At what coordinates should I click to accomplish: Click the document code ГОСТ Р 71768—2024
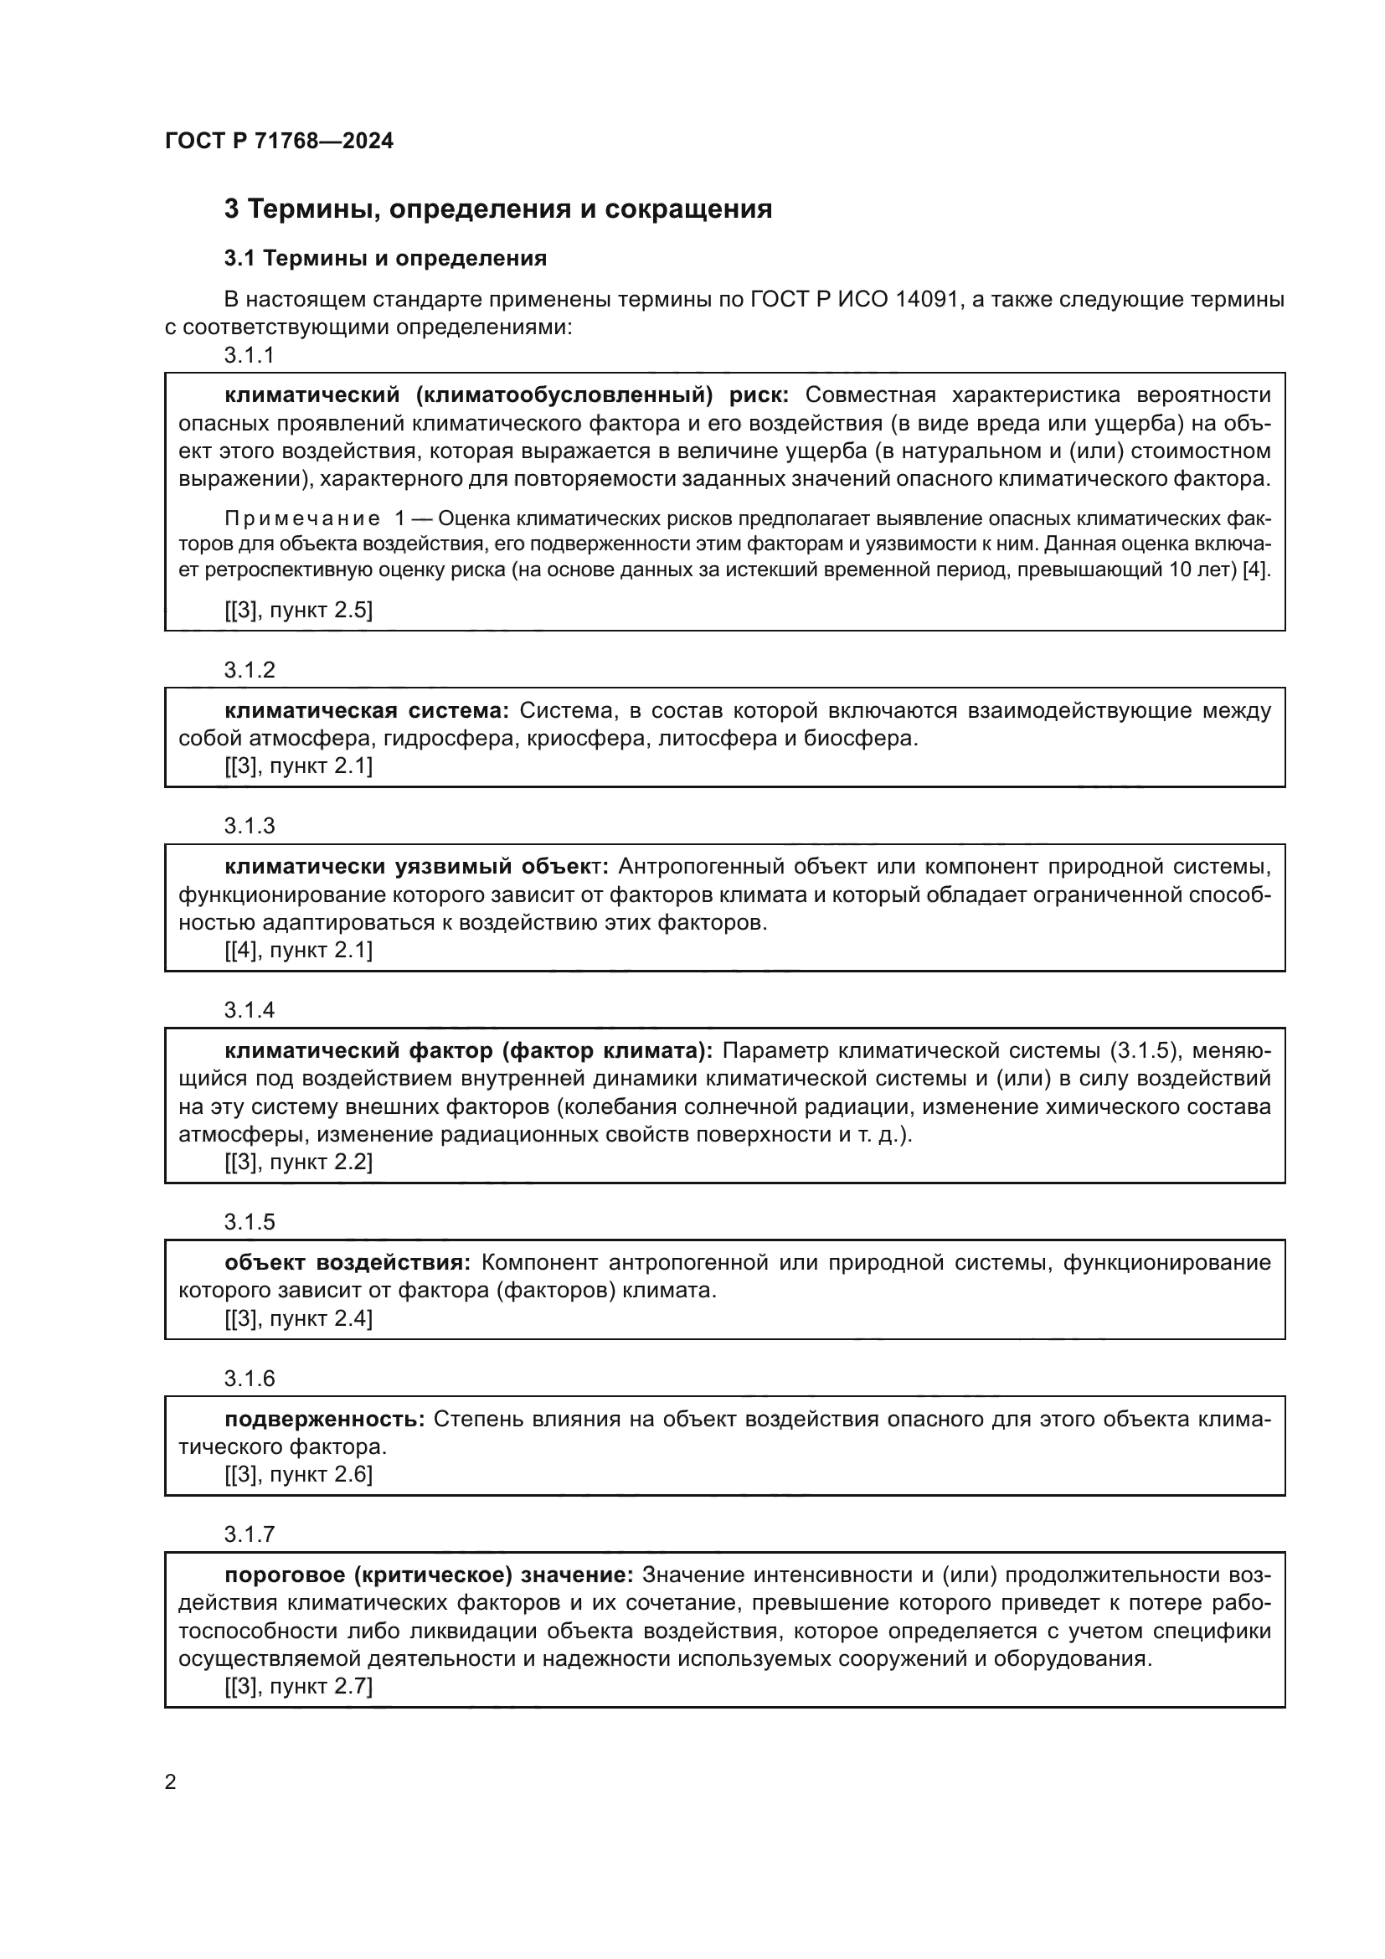[279, 141]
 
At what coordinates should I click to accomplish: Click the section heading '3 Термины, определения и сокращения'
[497, 209]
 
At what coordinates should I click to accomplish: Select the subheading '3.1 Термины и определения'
[384, 258]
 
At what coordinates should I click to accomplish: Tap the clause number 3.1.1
[249, 356]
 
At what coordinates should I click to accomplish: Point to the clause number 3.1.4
[249, 1010]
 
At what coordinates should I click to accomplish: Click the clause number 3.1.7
[249, 1534]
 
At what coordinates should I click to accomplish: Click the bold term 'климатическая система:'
[367, 711]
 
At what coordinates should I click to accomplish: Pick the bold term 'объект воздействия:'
[348, 1262]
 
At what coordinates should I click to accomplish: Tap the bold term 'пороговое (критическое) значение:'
[429, 1575]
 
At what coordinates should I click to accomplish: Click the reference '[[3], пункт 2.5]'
[298, 610]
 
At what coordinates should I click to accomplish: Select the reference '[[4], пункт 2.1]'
[298, 951]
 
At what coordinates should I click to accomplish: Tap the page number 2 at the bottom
[171, 1782]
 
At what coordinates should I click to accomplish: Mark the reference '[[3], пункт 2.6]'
[298, 1474]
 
